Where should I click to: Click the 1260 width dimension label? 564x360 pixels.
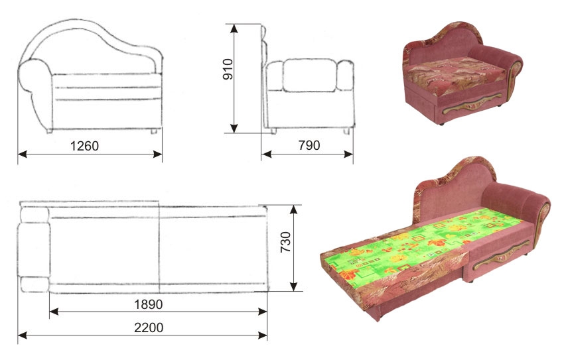pos(84,146)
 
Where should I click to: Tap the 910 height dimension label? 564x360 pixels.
pos(228,69)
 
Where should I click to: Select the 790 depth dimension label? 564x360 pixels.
pos(309,145)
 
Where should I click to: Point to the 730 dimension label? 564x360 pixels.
pos(285,242)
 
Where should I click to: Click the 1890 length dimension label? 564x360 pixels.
pos(148,304)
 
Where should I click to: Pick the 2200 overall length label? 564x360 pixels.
pos(149,328)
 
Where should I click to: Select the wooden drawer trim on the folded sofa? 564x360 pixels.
pos(472,104)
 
